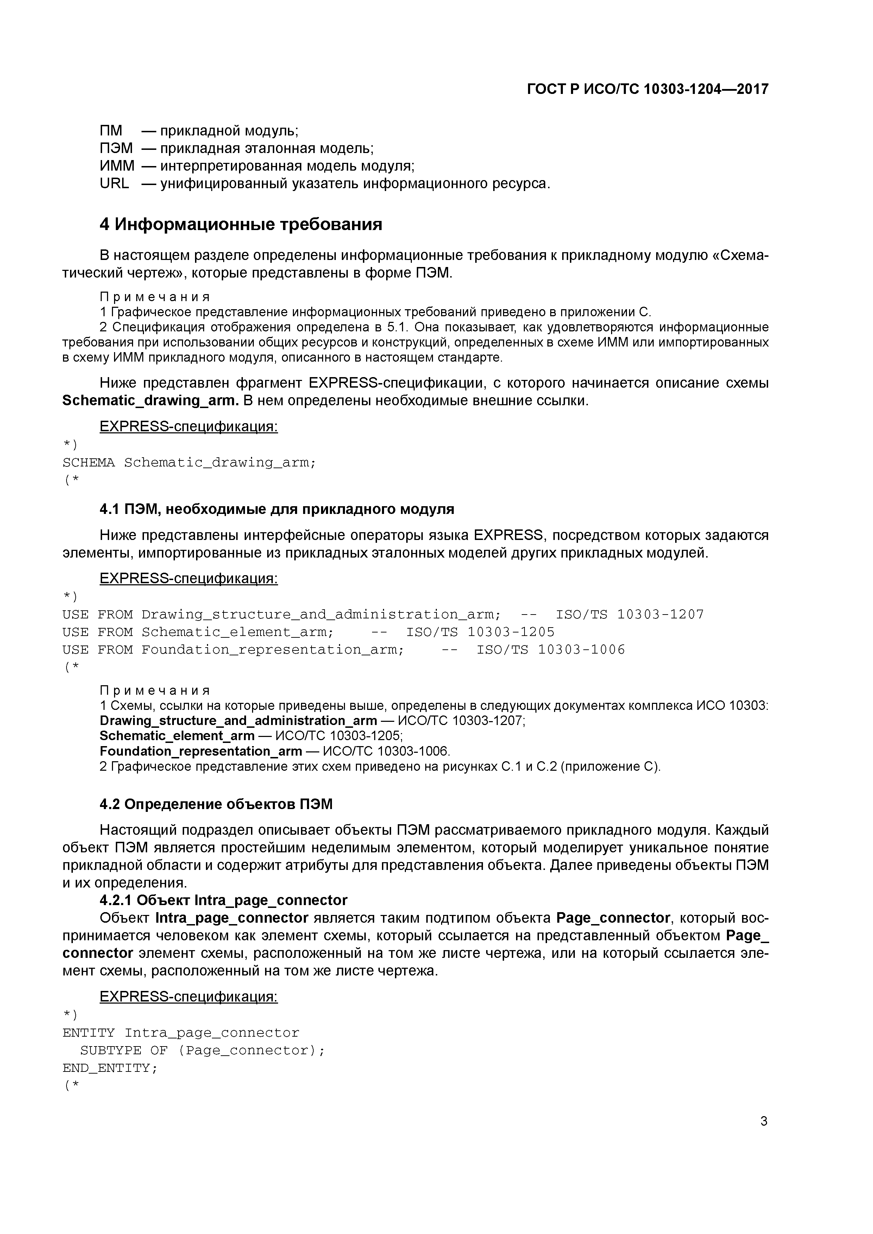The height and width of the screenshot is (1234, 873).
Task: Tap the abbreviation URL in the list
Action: [114, 184]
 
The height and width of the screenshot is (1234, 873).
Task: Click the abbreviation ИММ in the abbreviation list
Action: [117, 166]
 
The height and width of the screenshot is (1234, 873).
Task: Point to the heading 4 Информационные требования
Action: [241, 224]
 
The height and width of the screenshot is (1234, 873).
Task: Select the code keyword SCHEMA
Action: [89, 463]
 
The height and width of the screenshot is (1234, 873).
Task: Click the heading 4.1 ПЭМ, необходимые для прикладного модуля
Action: [277, 509]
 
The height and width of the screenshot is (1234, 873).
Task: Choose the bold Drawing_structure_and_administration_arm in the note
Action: [238, 721]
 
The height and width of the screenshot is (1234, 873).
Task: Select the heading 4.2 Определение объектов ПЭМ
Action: [216, 804]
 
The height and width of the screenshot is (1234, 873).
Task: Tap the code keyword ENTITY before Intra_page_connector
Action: [89, 1033]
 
